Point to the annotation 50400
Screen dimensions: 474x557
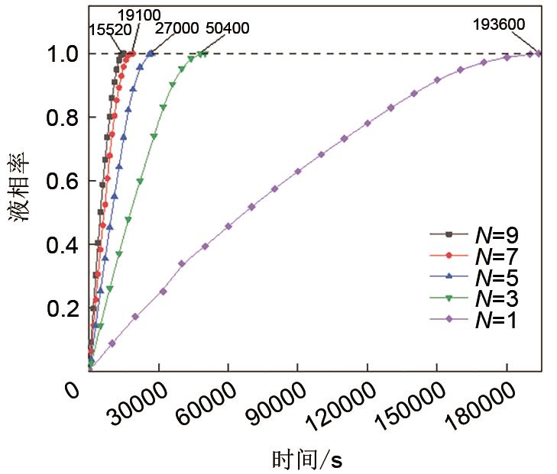click(228, 28)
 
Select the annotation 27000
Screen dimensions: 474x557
click(176, 28)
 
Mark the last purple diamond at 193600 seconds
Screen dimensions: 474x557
click(539, 53)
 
